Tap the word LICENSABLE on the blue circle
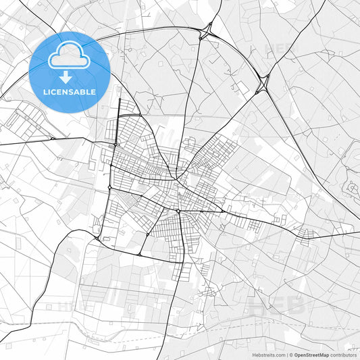[x=70, y=92]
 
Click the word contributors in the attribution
[x=344, y=355]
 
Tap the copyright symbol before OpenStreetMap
[x=289, y=355]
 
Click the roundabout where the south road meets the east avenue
[x=178, y=211]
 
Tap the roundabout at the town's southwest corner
[x=99, y=238]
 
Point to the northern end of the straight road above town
[x=119, y=100]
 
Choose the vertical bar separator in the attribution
[x=286, y=355]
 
